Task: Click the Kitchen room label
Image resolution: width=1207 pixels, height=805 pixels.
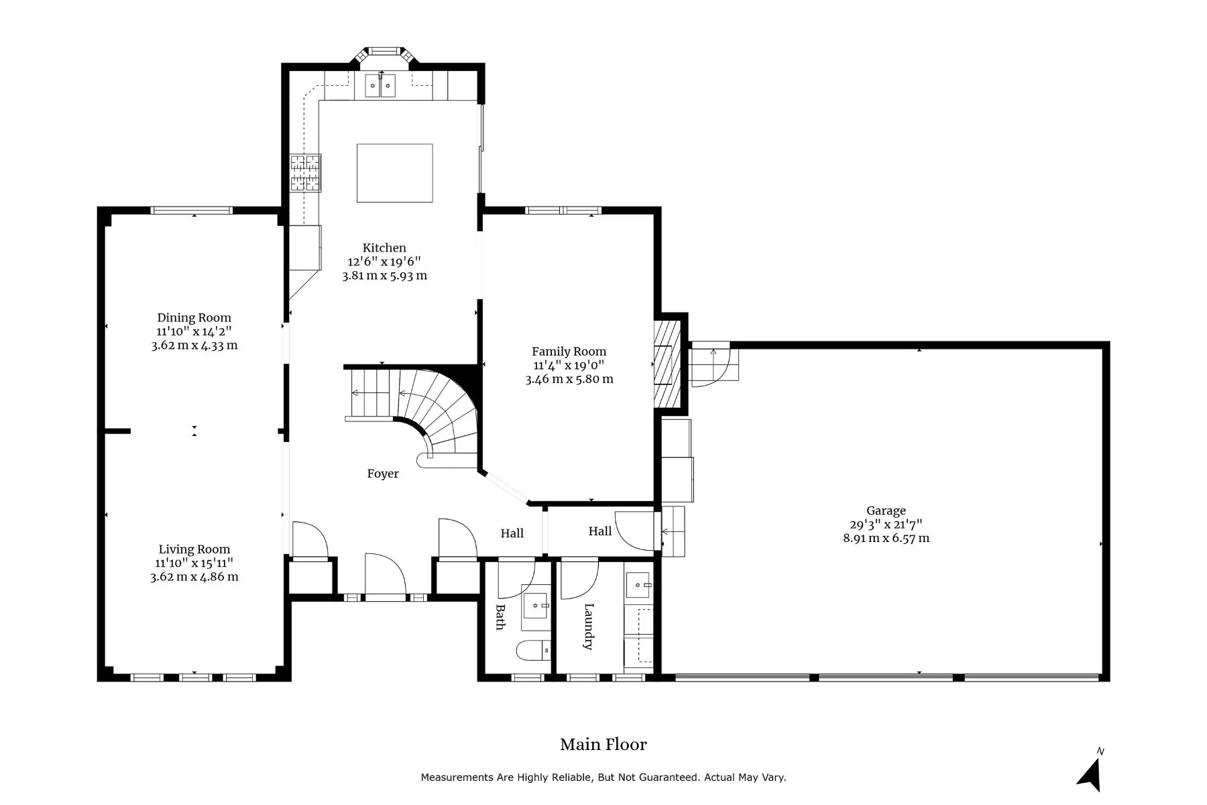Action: click(x=384, y=248)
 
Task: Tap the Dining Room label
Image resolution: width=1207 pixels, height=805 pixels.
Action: click(x=194, y=318)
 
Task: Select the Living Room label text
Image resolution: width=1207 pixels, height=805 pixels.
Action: click(x=194, y=549)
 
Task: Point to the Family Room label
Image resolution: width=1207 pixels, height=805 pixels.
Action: click(x=569, y=352)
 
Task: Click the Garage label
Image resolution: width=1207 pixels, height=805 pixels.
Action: click(x=886, y=511)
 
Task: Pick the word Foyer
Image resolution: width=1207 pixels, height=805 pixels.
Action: click(x=383, y=474)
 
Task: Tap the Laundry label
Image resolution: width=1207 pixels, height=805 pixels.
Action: click(x=589, y=627)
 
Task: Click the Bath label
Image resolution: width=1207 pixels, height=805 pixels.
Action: click(x=500, y=617)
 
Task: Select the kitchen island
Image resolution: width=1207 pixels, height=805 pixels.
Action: click(x=394, y=172)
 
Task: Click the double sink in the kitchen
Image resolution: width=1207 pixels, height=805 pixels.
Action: click(x=380, y=86)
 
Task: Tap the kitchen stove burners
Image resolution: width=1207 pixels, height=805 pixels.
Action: click(x=305, y=173)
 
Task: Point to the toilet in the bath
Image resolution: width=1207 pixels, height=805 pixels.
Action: click(x=534, y=650)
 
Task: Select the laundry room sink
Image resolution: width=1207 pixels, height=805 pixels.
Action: click(x=638, y=585)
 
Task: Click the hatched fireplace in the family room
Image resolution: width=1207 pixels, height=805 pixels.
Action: click(x=668, y=364)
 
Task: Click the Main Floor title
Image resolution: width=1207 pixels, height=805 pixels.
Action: click(x=603, y=745)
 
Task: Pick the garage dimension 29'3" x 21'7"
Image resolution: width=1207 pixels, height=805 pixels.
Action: click(x=886, y=525)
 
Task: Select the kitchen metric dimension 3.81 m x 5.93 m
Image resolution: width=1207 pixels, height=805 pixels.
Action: click(x=384, y=276)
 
